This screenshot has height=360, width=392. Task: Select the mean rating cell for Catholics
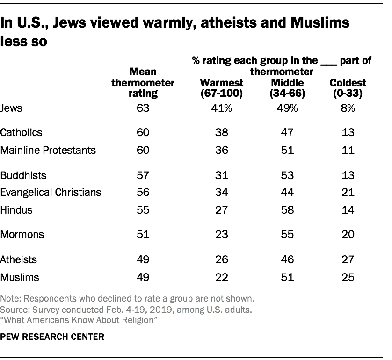(x=143, y=132)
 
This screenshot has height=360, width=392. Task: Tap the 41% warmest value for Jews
(x=222, y=108)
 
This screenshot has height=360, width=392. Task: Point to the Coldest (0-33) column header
(x=348, y=88)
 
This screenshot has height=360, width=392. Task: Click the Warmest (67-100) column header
(x=222, y=88)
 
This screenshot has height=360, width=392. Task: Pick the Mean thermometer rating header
(x=143, y=83)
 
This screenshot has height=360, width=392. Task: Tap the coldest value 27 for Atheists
(x=348, y=259)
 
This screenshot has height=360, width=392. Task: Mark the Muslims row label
(x=20, y=277)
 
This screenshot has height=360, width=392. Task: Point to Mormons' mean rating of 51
(x=143, y=235)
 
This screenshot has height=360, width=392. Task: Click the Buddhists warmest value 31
(x=222, y=175)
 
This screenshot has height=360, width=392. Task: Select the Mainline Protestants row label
(x=48, y=150)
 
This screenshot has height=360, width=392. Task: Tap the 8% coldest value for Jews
(x=348, y=108)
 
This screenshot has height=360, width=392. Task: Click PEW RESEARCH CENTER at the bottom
(x=52, y=336)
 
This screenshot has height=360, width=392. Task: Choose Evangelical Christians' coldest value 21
(x=348, y=192)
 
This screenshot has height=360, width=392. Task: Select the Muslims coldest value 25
(x=348, y=277)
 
